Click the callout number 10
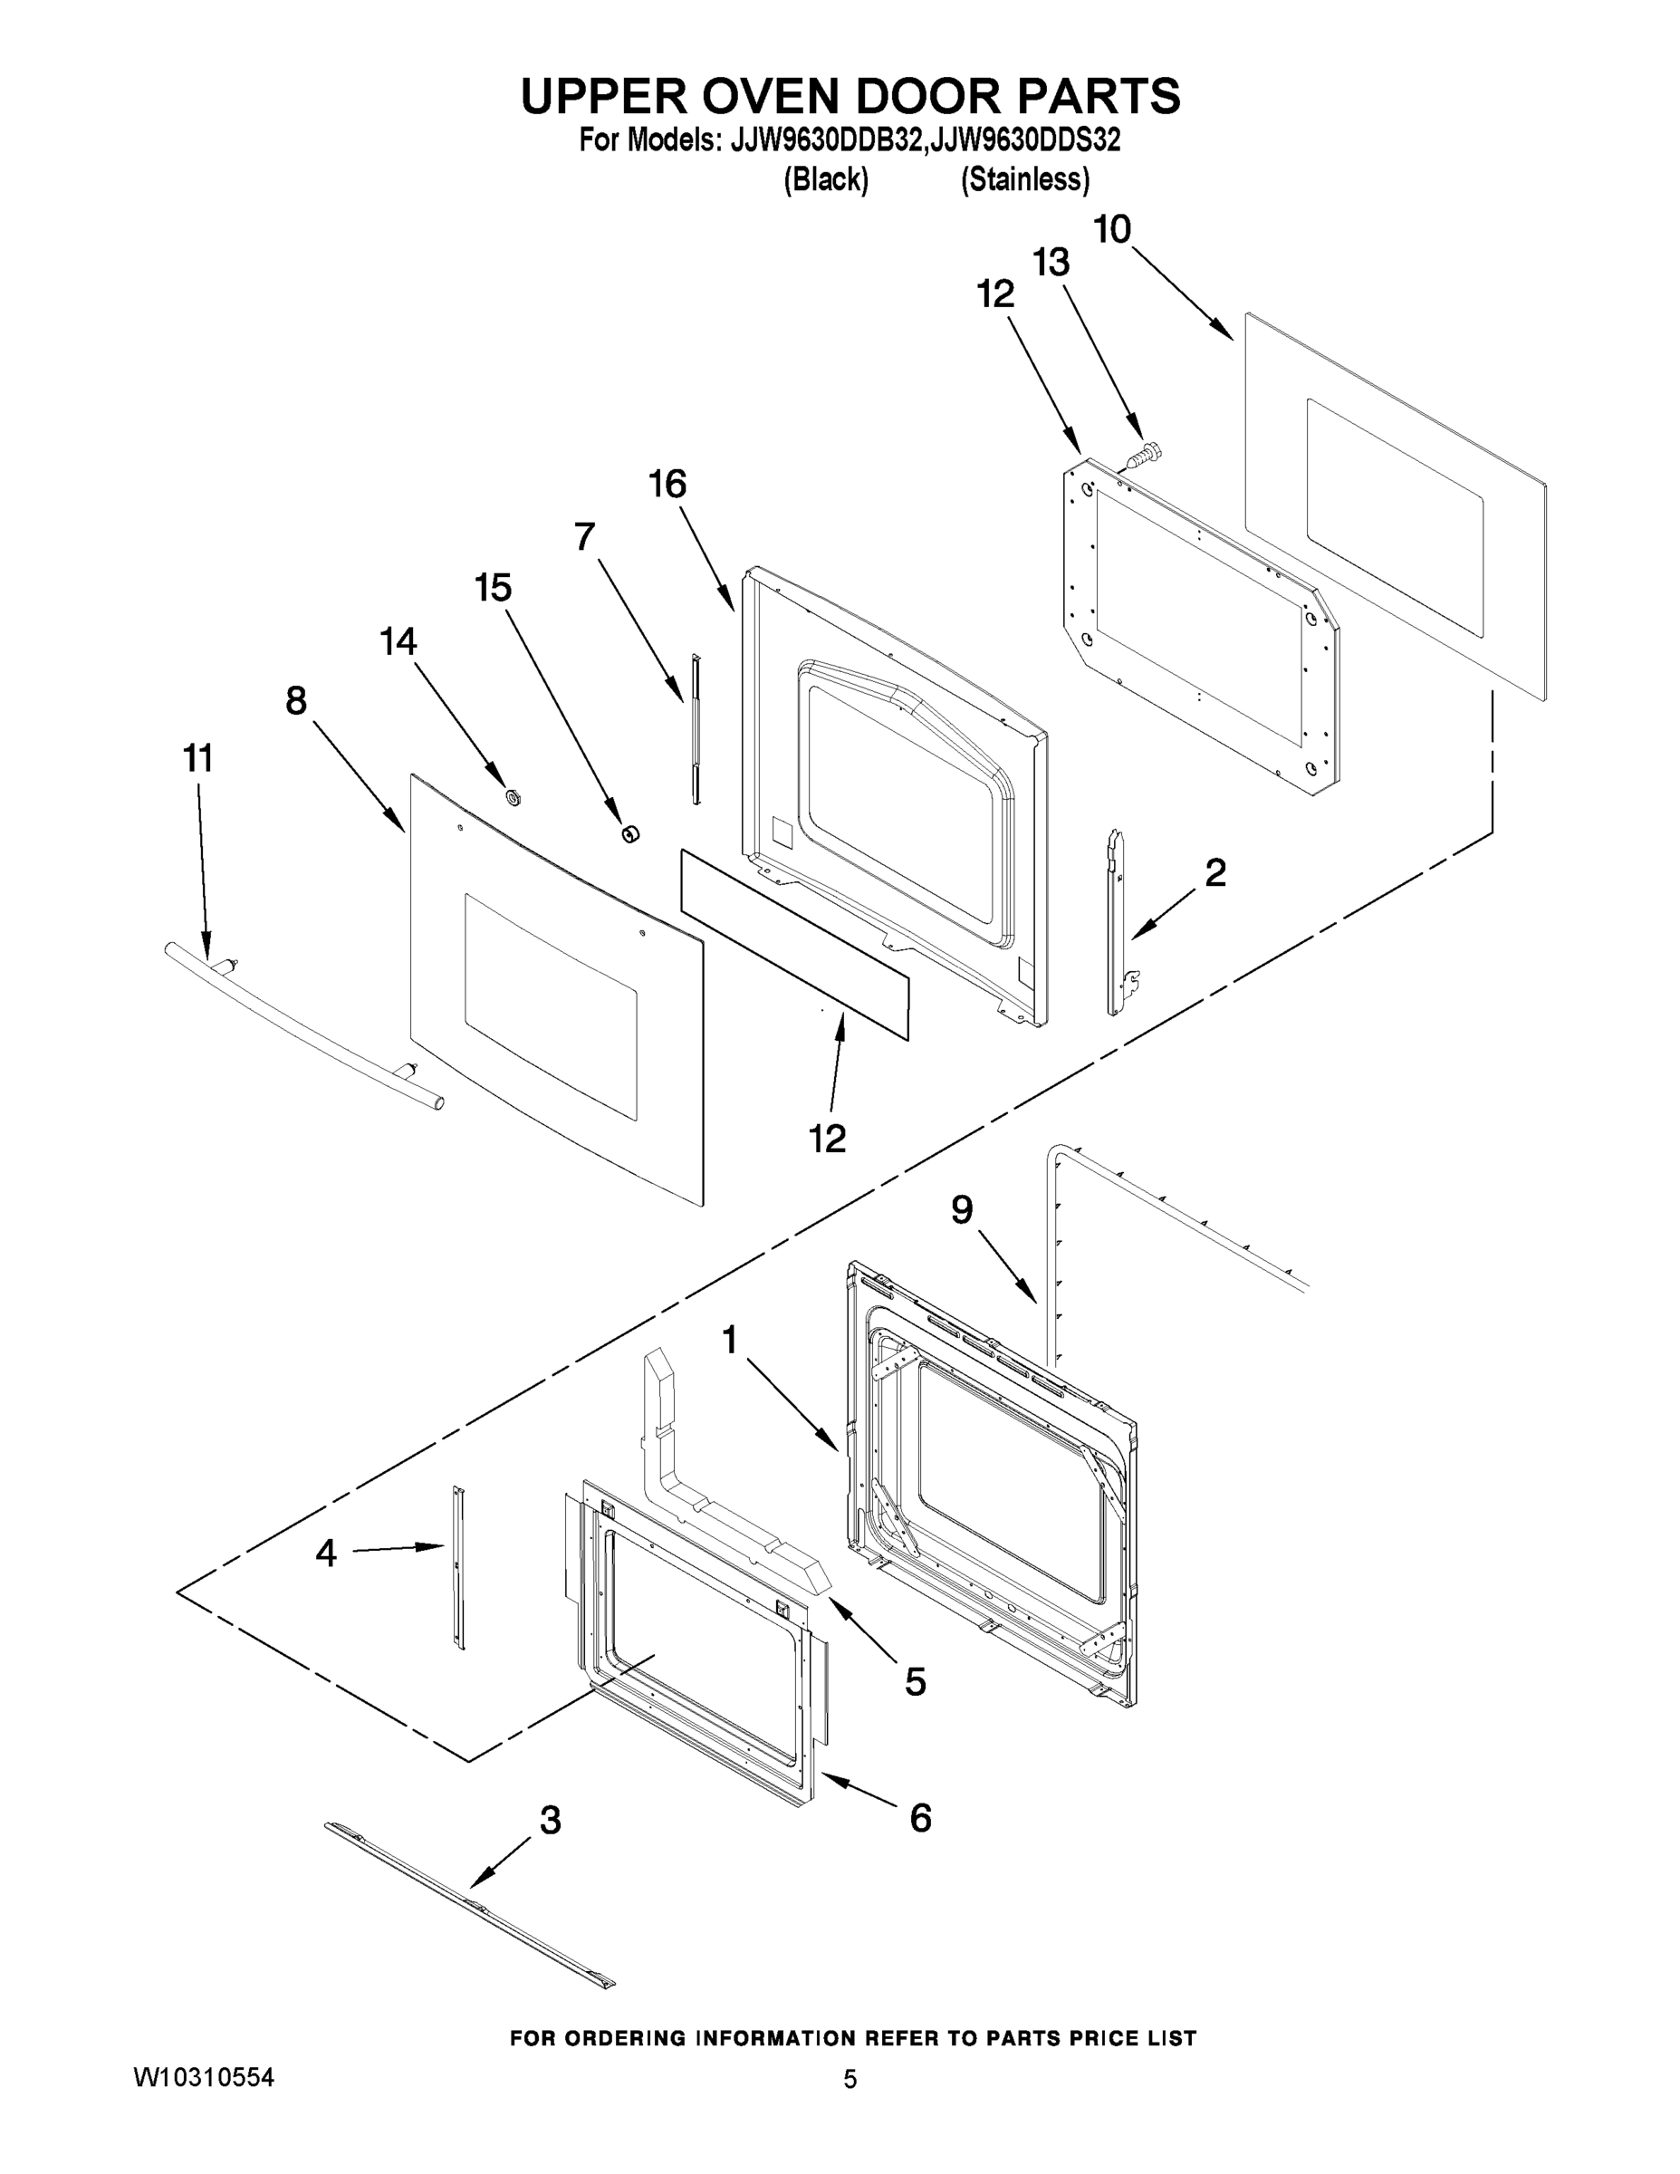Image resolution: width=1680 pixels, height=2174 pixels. pos(1112,230)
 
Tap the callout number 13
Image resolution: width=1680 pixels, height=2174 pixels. pos(1050,263)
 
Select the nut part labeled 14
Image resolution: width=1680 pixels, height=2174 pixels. pos(514,796)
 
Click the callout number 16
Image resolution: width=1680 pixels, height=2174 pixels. pos(667,485)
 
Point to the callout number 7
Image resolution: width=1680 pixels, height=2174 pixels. pos(585,537)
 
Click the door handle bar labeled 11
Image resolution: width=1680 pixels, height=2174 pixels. pos(299,1025)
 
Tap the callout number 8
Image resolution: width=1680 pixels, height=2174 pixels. pos(296,702)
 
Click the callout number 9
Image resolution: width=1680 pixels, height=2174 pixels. pos(962,1210)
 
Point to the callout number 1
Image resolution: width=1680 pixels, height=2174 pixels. pos(730,1341)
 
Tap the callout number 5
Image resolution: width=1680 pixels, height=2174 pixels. pos(915,1682)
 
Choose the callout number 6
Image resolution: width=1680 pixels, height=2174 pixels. pos(921,1819)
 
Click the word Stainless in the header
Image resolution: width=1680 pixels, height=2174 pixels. pos(1024,180)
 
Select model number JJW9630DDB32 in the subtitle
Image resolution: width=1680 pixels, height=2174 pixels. pos(823,141)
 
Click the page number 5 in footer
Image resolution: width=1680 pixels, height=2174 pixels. pos(849,2080)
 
